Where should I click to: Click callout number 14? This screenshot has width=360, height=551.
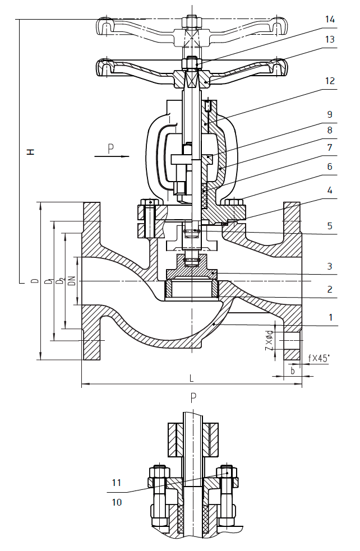coord(330,20)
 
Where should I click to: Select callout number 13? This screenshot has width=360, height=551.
coord(330,39)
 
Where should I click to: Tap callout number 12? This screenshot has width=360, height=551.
coord(330,81)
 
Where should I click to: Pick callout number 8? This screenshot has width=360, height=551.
coord(330,130)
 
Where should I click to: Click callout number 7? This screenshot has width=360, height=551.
coord(330,147)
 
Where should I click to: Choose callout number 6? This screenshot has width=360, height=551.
coord(330,166)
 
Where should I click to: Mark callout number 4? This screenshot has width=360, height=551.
coord(330,191)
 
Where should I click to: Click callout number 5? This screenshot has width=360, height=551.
coord(330,226)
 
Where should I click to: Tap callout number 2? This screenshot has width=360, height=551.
coord(330,289)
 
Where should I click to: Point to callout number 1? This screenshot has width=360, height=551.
coord(330,317)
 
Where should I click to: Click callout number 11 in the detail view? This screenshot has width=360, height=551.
coord(117,482)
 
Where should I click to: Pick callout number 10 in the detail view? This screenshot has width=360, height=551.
coord(117,502)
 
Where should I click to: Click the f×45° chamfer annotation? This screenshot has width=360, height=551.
coord(319,358)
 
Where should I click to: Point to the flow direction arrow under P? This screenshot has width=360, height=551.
coord(112,156)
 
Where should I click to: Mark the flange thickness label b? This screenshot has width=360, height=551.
coord(292,371)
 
